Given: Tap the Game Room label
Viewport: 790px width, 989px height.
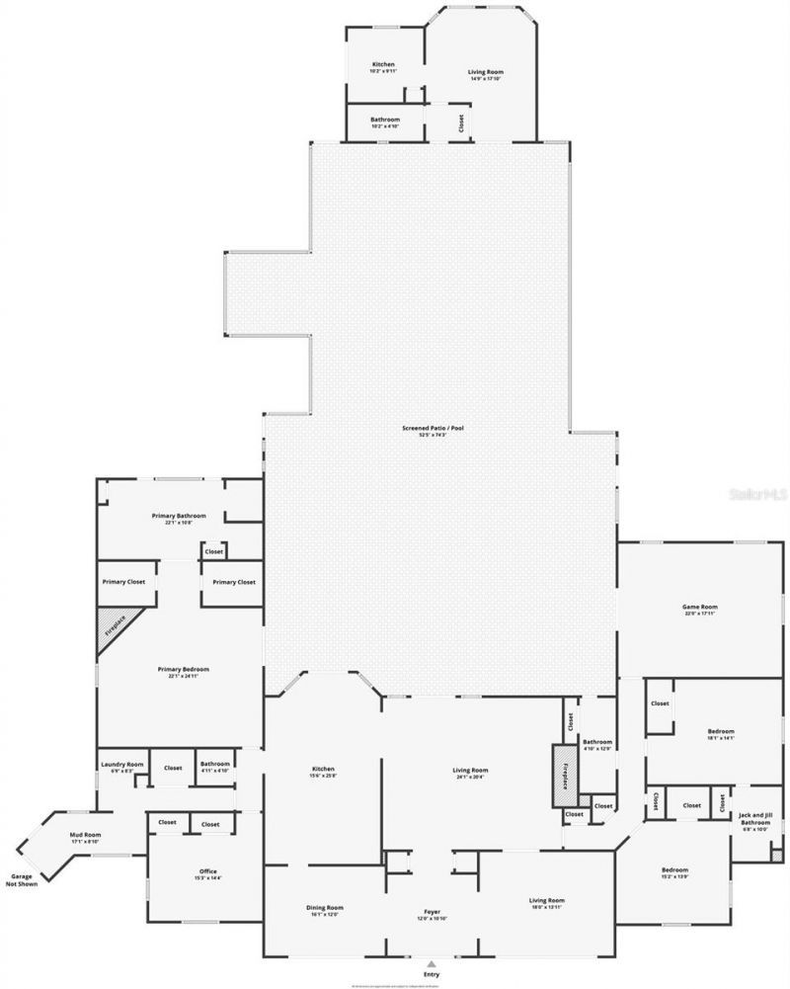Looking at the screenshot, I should [x=699, y=610].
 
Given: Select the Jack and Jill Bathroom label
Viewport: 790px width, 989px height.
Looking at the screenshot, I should [x=754, y=818].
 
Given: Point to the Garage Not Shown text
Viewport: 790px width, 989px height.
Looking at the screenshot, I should [x=23, y=879].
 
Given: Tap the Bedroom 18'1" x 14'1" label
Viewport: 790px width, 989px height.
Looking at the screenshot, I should [x=721, y=734].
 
